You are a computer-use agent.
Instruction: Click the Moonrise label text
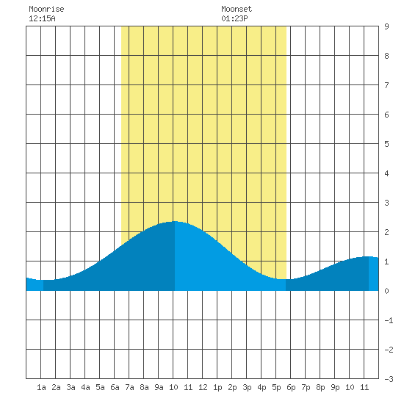[46, 9]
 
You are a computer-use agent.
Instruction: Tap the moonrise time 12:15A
[42, 18]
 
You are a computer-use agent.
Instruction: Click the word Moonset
[237, 9]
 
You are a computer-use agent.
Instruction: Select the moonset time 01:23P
[234, 18]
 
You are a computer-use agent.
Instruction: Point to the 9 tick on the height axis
[386, 26]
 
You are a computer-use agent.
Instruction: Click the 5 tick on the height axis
[386, 144]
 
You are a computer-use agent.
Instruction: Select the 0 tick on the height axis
[386, 291]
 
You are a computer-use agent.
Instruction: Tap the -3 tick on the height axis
[389, 379]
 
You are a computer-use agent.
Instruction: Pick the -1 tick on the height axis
[389, 320]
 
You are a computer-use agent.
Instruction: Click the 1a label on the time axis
[41, 387]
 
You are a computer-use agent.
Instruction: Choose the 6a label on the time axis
[115, 387]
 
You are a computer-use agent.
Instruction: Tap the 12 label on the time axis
[203, 387]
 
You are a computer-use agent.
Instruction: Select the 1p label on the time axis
[217, 387]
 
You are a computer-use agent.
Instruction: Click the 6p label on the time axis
[291, 387]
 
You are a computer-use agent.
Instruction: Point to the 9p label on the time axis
[335, 387]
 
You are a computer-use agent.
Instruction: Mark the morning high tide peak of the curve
[175, 221]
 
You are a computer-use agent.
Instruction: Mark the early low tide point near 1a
[43, 280]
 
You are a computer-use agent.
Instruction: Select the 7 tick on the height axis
[386, 85]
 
